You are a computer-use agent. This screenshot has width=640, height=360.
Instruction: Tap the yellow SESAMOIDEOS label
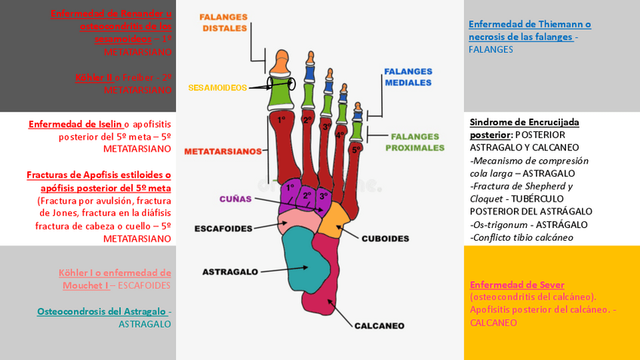[x=217, y=88]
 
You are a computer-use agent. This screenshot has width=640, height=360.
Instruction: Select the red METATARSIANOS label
[x=223, y=151]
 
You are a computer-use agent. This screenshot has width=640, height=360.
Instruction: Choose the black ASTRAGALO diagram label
[x=230, y=271]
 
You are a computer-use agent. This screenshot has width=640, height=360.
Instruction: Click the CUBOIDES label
[x=385, y=238]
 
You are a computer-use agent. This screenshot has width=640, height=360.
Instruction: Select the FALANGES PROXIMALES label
[x=414, y=142]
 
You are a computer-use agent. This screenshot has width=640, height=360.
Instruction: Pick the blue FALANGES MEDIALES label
[x=408, y=77]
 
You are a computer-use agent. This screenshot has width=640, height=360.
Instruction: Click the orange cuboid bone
[x=332, y=217]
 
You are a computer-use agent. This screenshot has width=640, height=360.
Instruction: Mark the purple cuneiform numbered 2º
[x=307, y=196]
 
